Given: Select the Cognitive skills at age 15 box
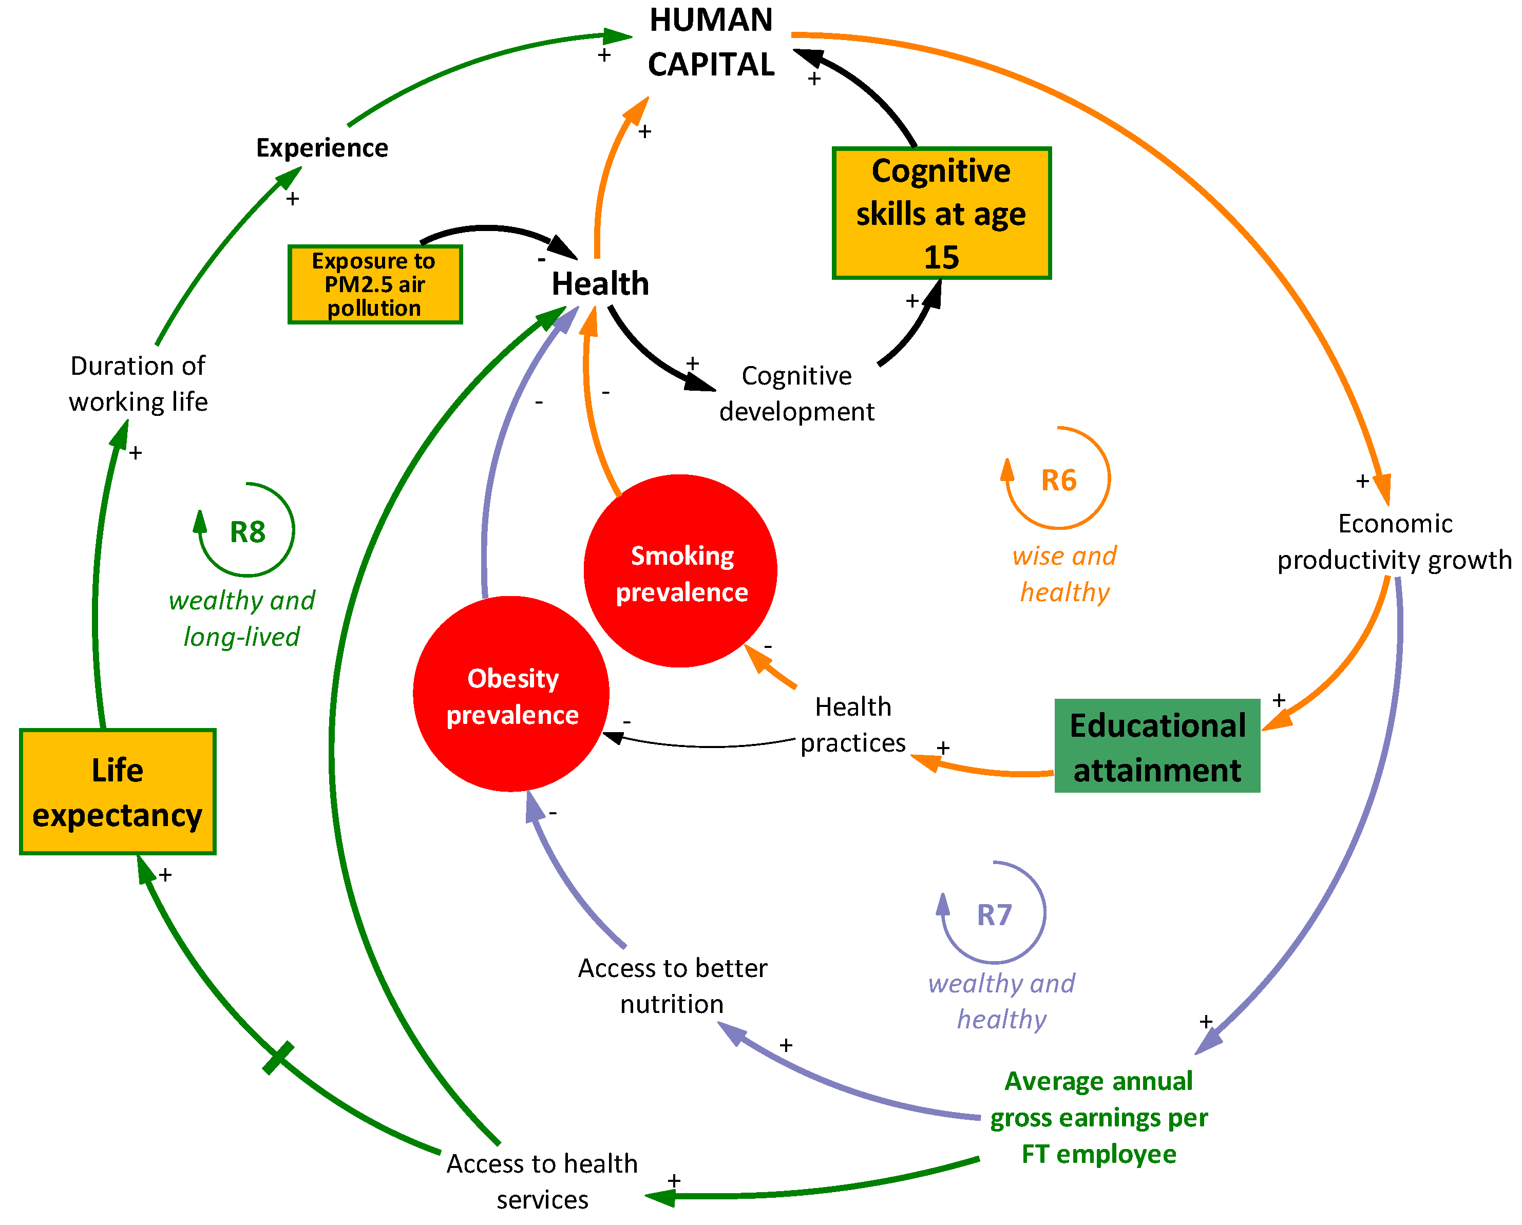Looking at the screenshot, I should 941,213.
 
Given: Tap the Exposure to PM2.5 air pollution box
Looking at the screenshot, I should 375,284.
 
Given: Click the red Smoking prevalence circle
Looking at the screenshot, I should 680,571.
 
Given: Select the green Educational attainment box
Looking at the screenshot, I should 1157,747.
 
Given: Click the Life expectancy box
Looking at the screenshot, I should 117,792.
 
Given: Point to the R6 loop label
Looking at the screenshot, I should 1058,481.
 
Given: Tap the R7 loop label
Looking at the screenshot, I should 994,915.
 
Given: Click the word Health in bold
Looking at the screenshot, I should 600,284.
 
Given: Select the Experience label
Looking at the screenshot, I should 322,148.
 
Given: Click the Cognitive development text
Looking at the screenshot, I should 796,394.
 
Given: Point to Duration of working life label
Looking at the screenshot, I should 138,384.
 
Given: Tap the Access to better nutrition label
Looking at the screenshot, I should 672,986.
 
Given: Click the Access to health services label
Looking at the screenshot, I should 542,1181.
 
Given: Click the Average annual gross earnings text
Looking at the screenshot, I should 1098,1118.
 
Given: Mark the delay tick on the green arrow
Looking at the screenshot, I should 278,1058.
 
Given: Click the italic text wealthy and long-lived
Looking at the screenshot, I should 241,619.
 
